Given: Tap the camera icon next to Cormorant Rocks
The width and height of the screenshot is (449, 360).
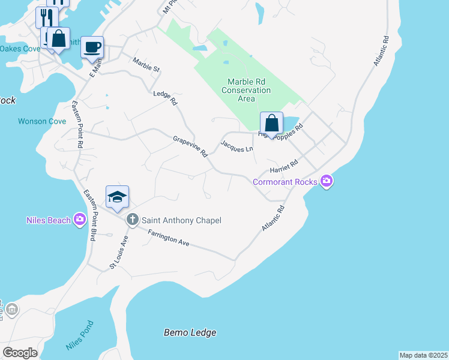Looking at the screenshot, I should point(326,181).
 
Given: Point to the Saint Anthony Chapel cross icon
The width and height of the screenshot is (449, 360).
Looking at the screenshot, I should point(132,220).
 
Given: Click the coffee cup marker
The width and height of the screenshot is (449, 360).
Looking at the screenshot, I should point(92,47).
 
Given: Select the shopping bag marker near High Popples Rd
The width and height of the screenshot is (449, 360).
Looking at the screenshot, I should point(271,124).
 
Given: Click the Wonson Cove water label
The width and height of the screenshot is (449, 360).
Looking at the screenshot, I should point(41,121).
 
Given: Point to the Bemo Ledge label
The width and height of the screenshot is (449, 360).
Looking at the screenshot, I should point(190,332).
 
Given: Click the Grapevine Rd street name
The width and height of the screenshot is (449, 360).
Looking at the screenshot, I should point(190,146).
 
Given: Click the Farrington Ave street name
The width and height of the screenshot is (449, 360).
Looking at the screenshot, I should point(170,239).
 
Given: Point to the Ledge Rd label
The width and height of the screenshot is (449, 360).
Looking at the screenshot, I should point(166,98).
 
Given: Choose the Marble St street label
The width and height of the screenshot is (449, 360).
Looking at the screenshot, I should point(146,64).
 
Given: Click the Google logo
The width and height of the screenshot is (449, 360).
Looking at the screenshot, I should point(20,353).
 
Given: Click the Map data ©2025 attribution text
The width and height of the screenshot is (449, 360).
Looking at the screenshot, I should point(423,355).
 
